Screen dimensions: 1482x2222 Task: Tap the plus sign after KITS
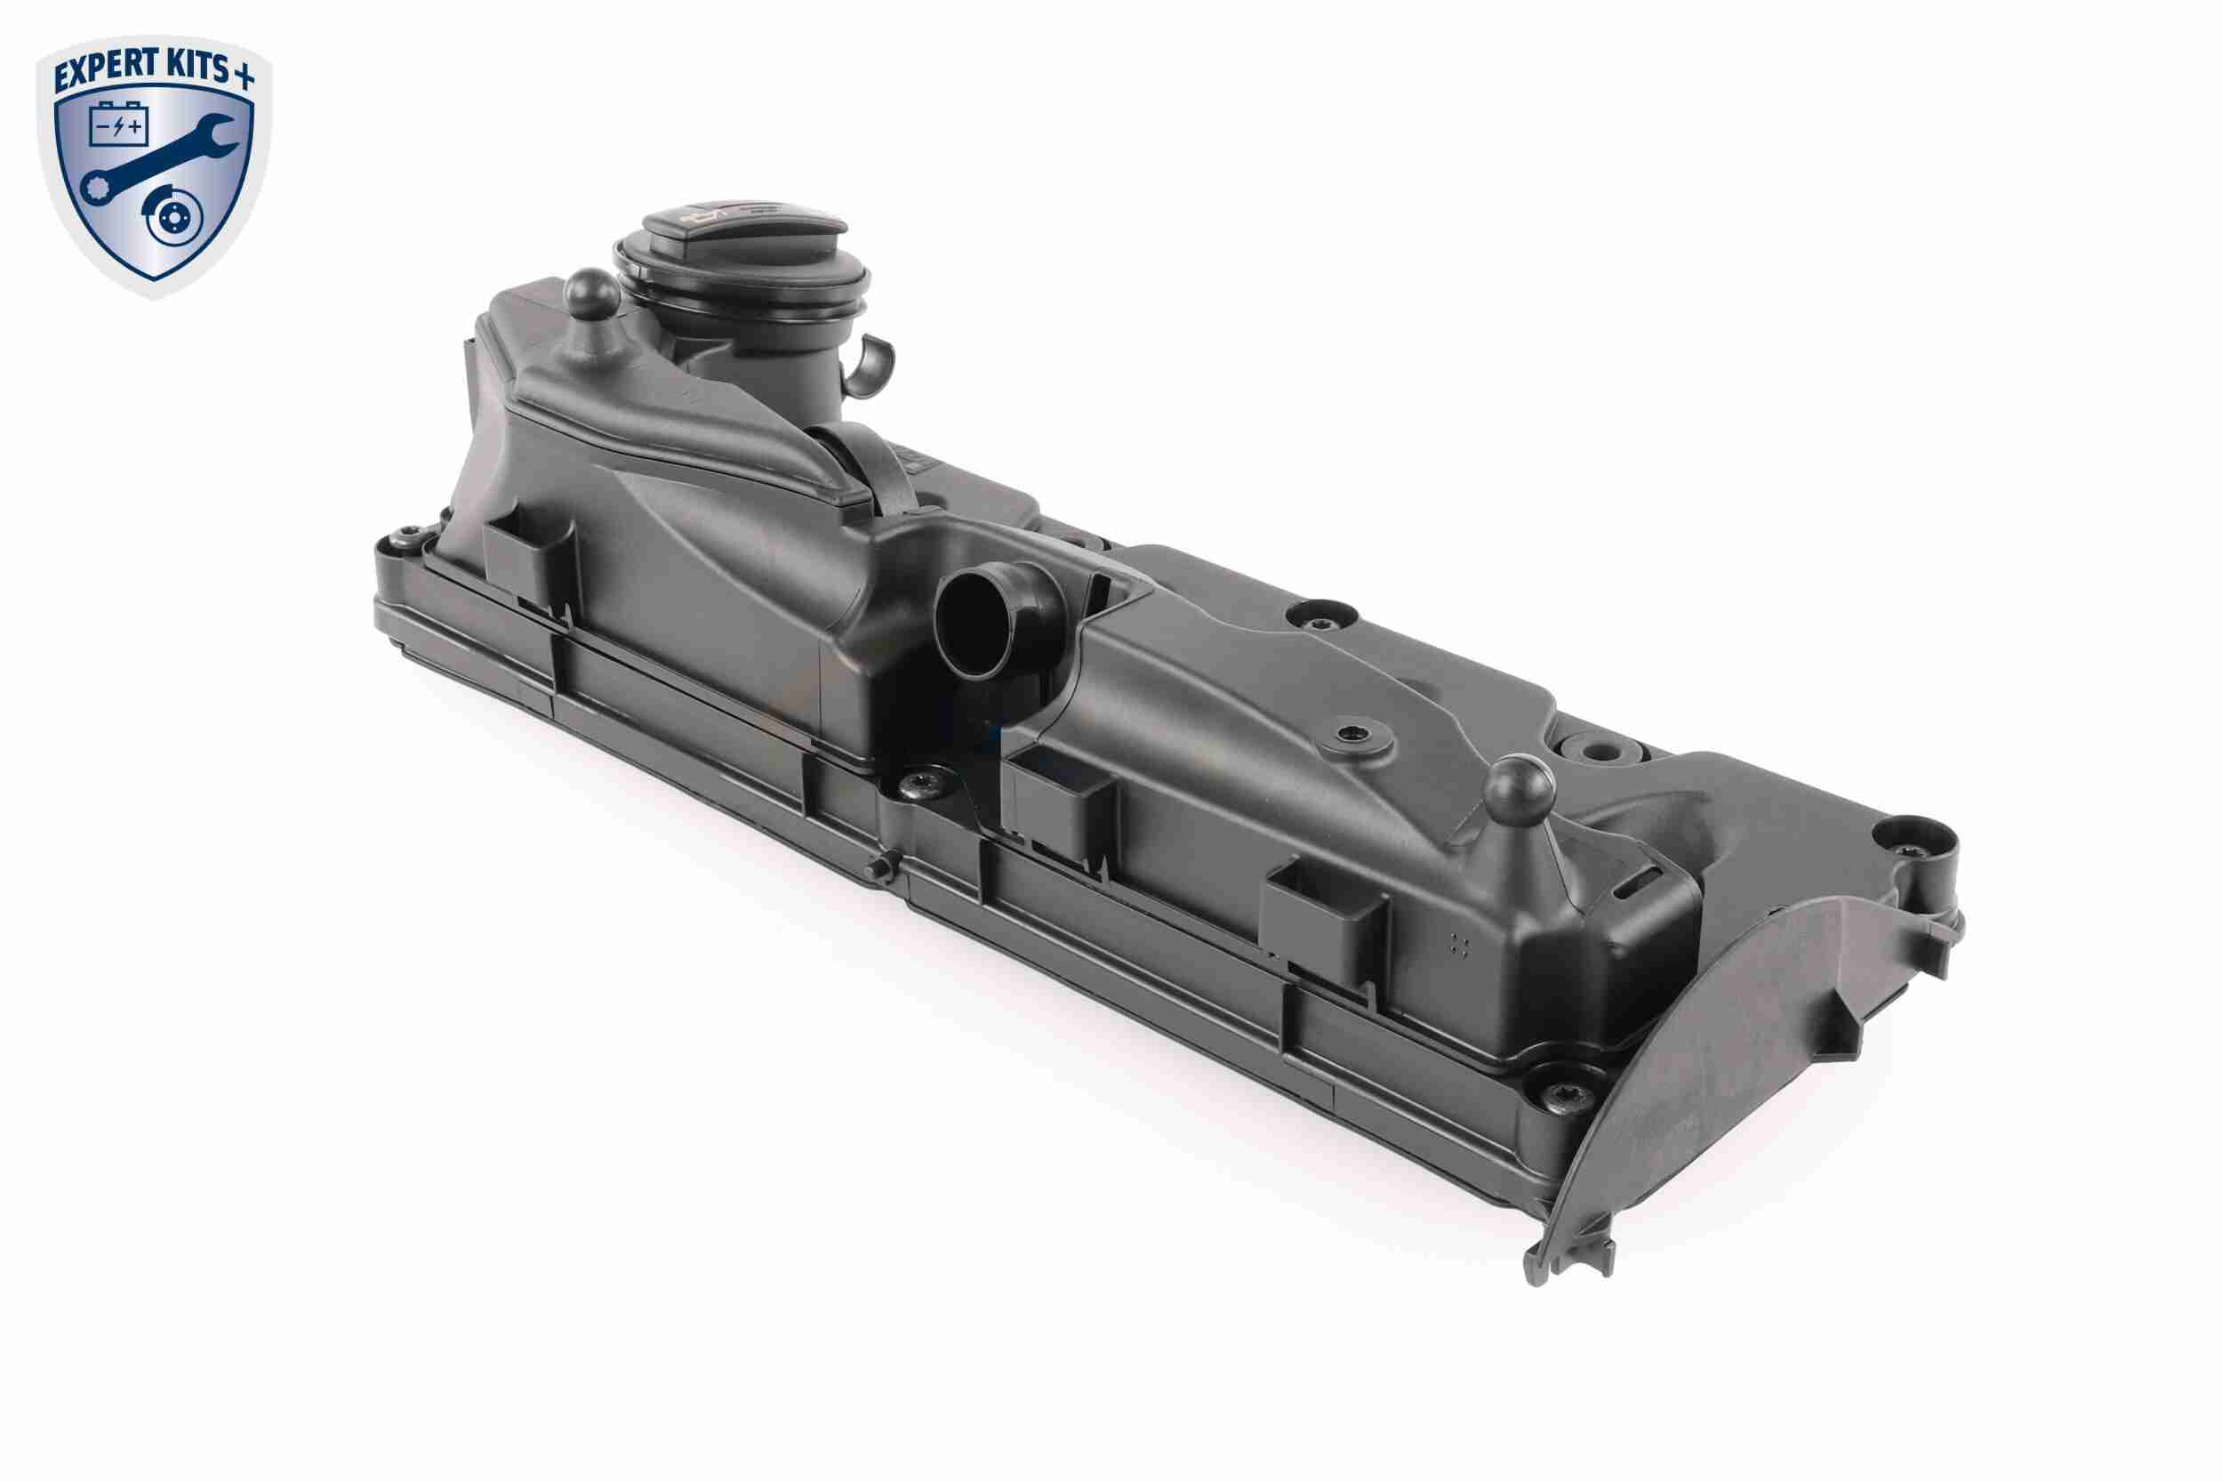[x=245, y=75]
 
